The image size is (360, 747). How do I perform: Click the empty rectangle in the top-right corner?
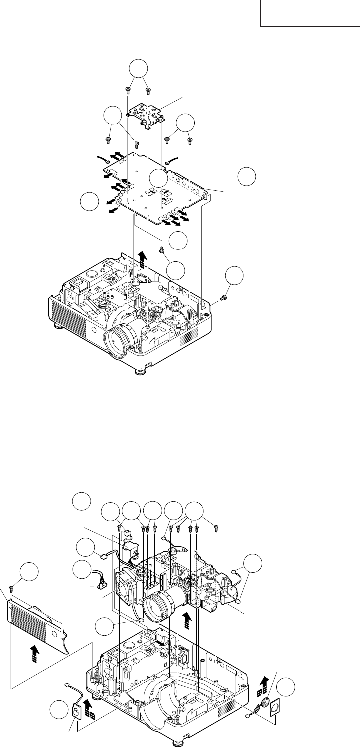coord(310,13)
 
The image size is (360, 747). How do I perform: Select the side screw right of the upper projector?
coord(224,297)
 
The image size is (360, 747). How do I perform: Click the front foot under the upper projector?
coord(142,371)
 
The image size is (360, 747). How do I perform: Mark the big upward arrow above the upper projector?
coord(143,259)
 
